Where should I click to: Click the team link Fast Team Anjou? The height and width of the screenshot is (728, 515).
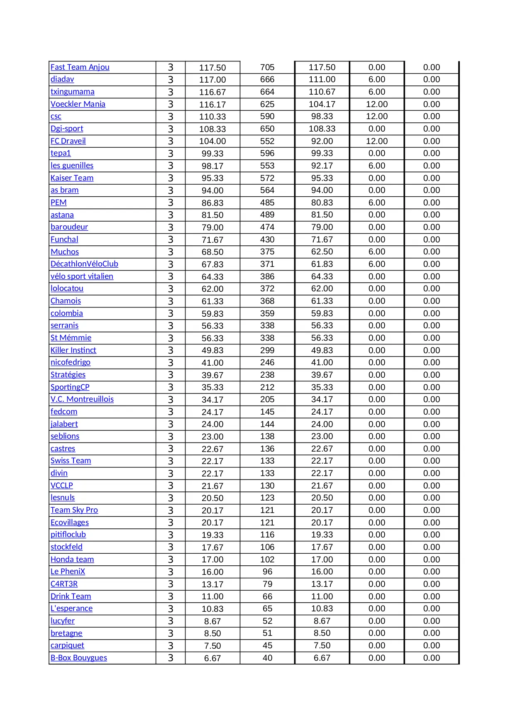point(80,67)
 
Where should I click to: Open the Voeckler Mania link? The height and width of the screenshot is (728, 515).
point(78,104)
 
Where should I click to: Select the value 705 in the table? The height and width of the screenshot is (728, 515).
point(267,67)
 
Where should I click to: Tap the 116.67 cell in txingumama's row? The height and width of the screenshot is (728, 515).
point(212,92)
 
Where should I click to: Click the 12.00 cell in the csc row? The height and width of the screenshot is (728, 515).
point(377,117)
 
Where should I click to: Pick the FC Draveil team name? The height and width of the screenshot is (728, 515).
point(68,141)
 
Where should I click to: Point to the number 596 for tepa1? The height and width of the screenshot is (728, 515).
point(267,154)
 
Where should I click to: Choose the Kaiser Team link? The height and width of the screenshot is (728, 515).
point(72,178)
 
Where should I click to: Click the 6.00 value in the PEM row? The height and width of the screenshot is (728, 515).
point(377,203)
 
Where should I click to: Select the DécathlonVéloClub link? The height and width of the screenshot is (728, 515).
point(84,264)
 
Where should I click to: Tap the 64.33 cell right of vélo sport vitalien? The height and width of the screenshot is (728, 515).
point(212,276)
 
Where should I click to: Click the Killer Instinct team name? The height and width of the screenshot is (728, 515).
point(73,350)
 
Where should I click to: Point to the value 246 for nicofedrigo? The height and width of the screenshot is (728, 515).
point(267,362)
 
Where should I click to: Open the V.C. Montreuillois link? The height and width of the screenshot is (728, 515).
point(82,399)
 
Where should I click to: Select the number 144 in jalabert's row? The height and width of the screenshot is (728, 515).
point(267,424)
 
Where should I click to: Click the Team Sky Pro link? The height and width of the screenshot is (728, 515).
point(74,510)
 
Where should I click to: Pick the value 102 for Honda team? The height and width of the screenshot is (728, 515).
point(267,559)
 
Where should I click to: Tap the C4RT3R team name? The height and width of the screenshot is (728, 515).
point(64,584)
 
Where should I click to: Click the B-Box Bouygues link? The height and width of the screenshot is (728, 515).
point(78,658)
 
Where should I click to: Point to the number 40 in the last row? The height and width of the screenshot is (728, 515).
point(267,658)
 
